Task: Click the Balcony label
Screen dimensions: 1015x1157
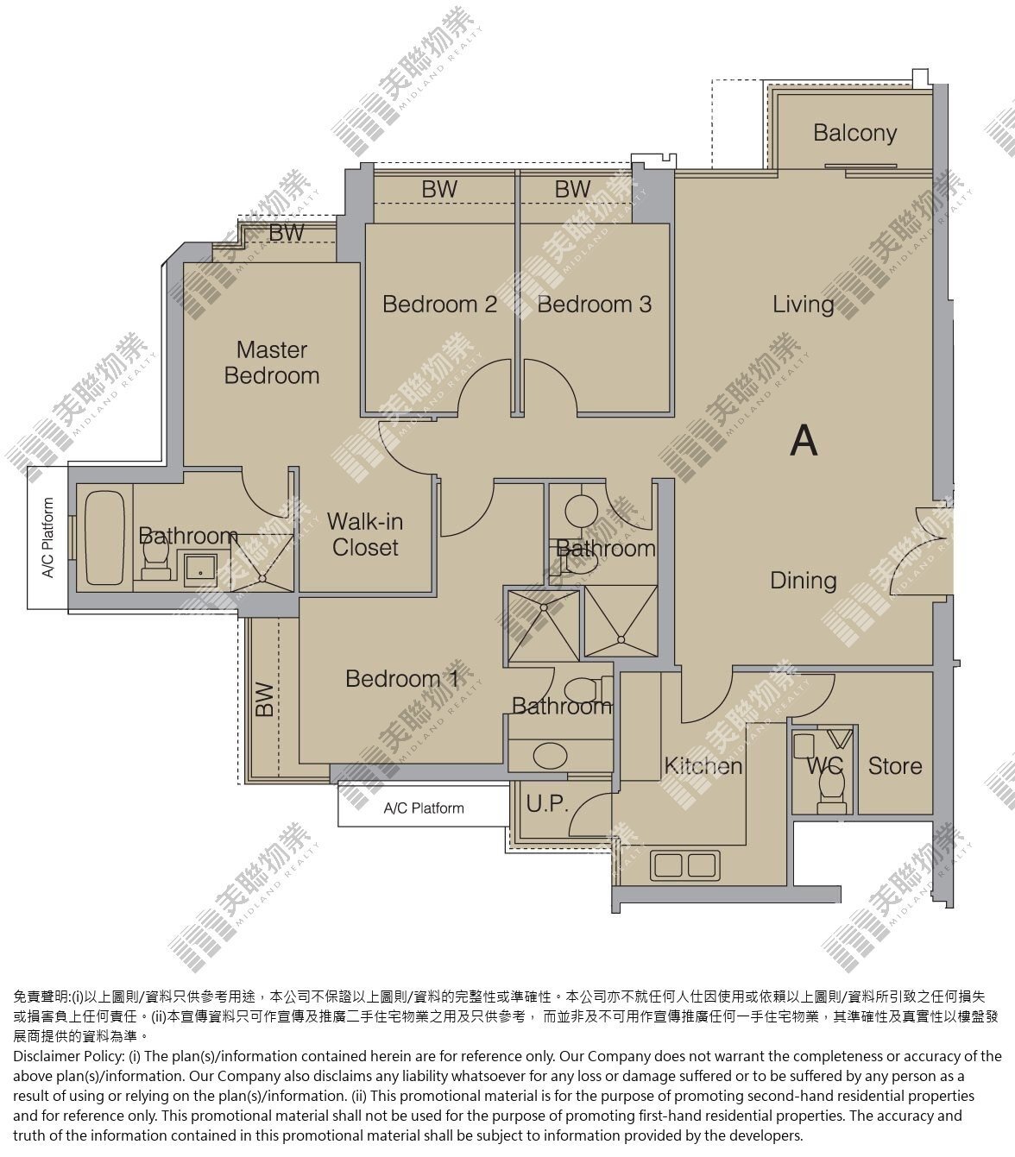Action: click(x=854, y=134)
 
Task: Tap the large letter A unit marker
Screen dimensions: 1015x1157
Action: click(x=803, y=441)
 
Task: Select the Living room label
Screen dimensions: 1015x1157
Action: click(x=803, y=305)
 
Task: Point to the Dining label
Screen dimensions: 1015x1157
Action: click(x=803, y=581)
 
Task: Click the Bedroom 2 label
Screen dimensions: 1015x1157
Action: click(x=439, y=304)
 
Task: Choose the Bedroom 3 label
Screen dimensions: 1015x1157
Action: click(x=594, y=304)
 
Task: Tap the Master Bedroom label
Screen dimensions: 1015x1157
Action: click(x=272, y=362)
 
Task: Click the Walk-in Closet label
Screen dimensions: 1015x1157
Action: click(x=365, y=535)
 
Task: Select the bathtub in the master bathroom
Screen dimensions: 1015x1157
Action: click(x=104, y=538)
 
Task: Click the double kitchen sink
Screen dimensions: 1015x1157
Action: click(x=684, y=865)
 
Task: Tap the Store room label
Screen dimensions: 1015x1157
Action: click(x=894, y=766)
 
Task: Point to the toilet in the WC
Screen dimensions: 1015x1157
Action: click(x=831, y=790)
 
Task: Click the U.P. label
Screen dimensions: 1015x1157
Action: click(x=547, y=803)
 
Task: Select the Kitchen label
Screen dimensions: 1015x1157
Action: click(x=703, y=766)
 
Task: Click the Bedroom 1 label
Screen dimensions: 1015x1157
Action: click(x=402, y=678)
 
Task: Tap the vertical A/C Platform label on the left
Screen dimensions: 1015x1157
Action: click(x=48, y=538)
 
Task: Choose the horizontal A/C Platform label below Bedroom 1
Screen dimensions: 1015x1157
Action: click(x=424, y=808)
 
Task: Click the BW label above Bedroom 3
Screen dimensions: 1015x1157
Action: click(x=572, y=189)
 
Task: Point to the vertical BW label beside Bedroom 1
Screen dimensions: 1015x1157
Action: click(x=264, y=699)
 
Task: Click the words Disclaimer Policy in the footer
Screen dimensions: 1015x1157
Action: click(x=68, y=1056)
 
